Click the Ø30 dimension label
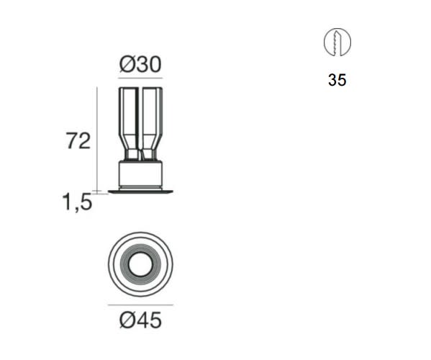[140, 64]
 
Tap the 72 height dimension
[78, 141]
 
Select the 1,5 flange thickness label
[77, 202]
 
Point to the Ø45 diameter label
[140, 320]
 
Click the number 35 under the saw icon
[337, 80]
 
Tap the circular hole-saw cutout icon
[337, 42]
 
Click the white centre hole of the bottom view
[140, 264]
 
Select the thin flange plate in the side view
[140, 192]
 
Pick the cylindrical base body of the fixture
[140, 174]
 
